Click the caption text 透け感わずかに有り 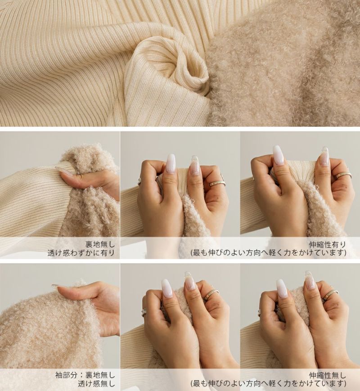click(81, 253)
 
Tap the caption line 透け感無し click(96, 384)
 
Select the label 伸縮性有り click(328, 244)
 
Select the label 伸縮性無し click(328, 375)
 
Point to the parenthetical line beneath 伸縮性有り click(269, 253)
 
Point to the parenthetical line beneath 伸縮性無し click(269, 384)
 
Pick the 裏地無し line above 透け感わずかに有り click(100, 244)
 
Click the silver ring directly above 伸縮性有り click(343, 175)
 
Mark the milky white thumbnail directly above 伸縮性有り click(279, 155)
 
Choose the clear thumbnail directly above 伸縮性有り click(324, 156)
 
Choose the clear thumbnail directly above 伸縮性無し click(309, 280)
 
